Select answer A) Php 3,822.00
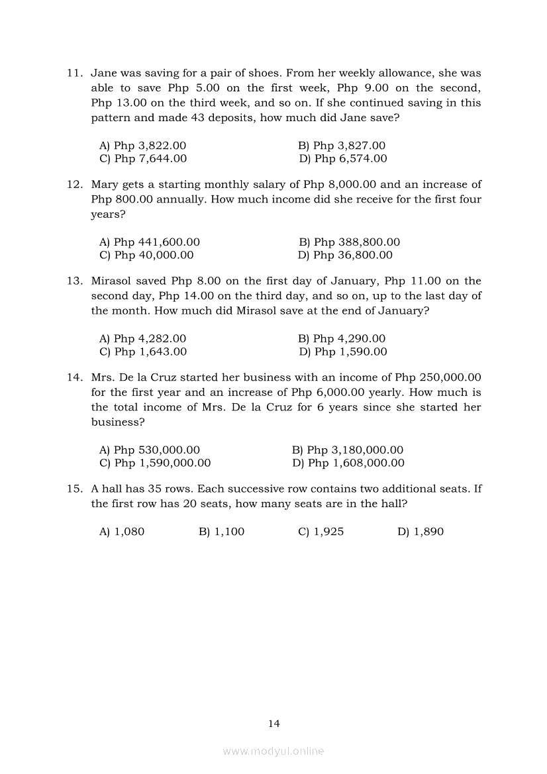coord(142,145)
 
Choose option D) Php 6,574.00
coord(342,158)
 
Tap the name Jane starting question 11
coord(103,73)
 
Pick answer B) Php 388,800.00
coord(349,242)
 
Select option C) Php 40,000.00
coord(146,255)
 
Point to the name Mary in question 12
coord(104,184)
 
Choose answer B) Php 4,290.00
coord(342,339)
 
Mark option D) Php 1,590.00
coord(342,352)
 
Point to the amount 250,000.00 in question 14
coord(450,377)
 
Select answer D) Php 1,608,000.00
coord(348,463)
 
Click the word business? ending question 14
coord(117,422)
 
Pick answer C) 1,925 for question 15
coord(321,532)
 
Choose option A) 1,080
coord(121,532)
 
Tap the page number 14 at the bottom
coord(274,724)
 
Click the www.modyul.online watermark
coord(273,751)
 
